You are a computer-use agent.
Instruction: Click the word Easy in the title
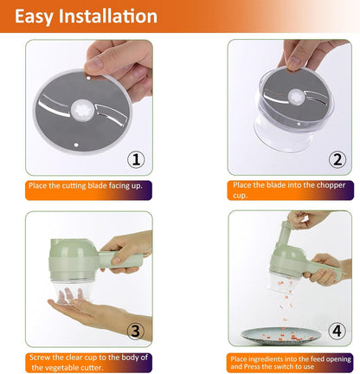pos(34,16)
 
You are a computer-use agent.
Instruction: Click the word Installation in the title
pos(108,16)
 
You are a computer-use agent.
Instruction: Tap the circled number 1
pos(136,159)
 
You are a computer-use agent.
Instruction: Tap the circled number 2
pos(337,159)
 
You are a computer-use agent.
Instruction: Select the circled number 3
pos(136,331)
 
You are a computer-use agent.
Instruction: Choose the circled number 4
pos(337,331)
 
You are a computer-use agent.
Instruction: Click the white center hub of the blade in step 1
pos(82,111)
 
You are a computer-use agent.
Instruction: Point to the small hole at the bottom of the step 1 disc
pos(76,145)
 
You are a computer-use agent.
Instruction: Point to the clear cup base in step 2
pos(283,137)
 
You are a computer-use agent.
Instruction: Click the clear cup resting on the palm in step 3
pos(72,291)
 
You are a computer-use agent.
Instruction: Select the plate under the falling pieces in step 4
pos(281,336)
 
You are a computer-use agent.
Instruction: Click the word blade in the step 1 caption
pos(97,185)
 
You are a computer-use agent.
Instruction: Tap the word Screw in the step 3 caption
pos(40,358)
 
